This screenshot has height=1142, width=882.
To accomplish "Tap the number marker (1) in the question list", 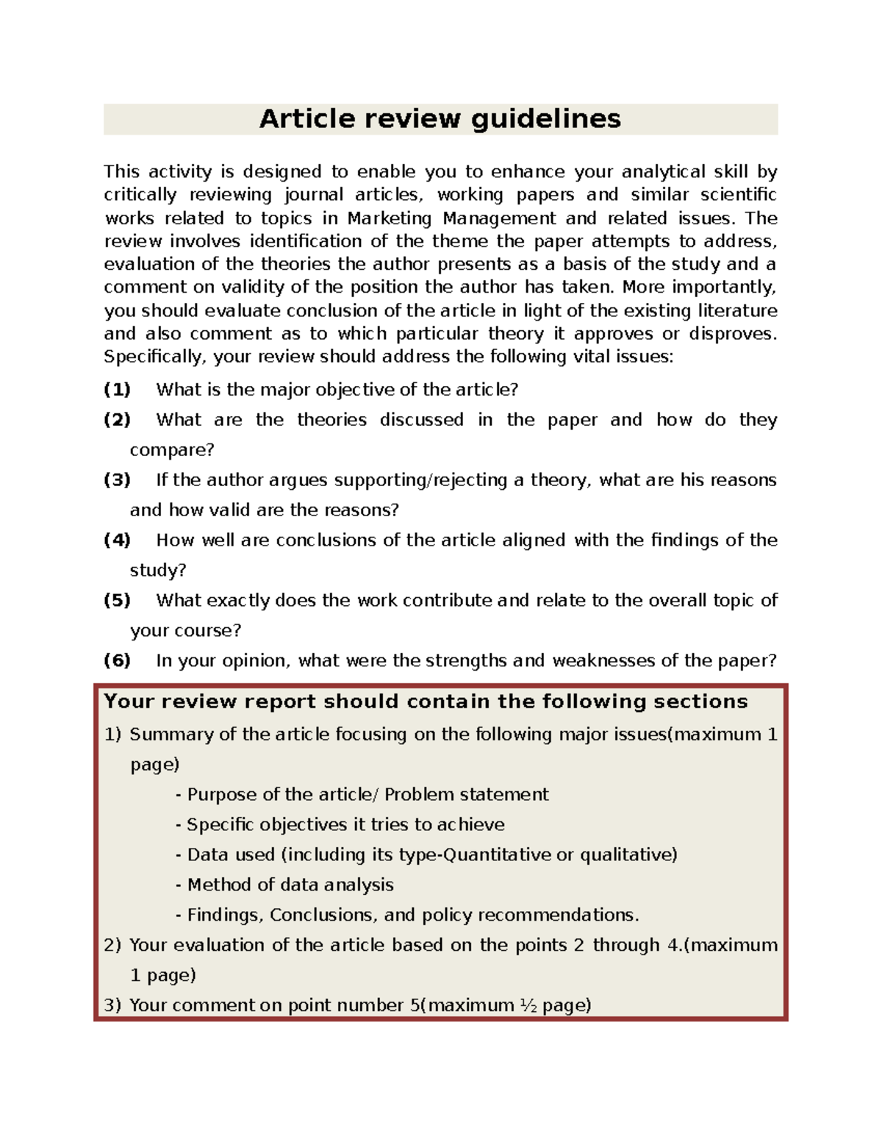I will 117,389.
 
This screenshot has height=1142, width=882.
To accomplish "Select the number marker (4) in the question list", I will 117,540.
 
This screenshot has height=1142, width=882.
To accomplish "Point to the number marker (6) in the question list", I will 117,660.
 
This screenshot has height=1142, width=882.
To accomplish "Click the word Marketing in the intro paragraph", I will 390,218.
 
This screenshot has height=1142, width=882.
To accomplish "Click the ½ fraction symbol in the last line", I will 528,1005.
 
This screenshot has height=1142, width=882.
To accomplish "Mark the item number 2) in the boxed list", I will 112,945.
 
